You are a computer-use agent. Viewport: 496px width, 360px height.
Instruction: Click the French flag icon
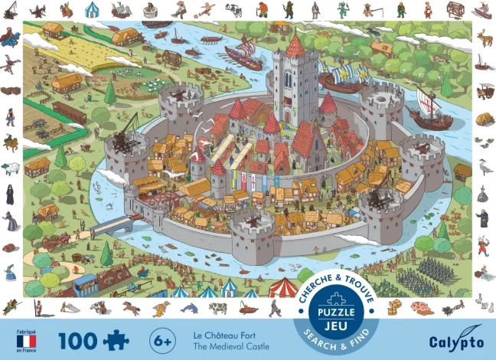26,340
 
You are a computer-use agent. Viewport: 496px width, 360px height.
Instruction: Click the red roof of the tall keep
295,46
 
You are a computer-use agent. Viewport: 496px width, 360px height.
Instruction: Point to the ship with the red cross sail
430,107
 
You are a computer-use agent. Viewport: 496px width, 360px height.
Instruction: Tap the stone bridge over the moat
113,224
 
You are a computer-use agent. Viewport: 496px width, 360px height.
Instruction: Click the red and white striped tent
282,288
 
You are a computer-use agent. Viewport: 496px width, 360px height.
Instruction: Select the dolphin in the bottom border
189,308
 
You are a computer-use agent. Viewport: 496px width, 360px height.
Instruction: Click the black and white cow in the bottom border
218,308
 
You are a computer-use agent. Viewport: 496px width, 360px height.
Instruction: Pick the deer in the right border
484,37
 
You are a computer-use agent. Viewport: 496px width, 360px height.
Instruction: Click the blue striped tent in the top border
92,10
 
